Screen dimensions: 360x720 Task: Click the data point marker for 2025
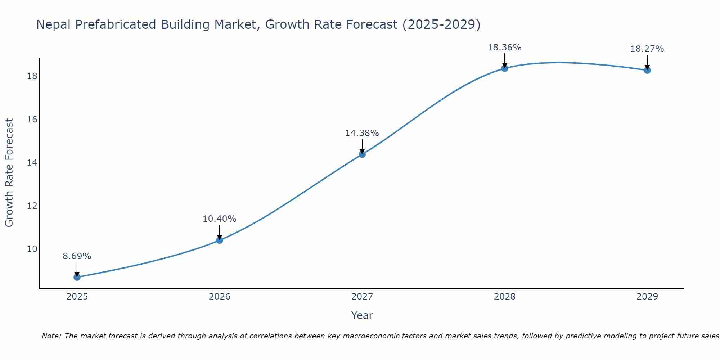coord(77,277)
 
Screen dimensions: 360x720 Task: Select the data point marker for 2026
coord(220,240)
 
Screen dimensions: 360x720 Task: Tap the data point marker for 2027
coord(362,154)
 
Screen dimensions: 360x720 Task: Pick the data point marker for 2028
coord(505,68)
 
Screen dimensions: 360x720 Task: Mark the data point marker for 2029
coord(647,70)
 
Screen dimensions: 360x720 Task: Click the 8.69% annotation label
coord(77,256)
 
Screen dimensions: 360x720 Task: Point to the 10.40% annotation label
coord(220,219)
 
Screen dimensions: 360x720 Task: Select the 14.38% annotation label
coord(362,133)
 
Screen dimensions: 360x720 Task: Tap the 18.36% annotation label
coord(505,48)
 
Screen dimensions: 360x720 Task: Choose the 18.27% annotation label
coord(647,49)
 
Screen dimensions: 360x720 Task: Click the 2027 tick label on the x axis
coord(362,297)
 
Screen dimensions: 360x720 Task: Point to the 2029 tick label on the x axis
coord(647,297)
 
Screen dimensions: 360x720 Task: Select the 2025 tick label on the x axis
coord(77,297)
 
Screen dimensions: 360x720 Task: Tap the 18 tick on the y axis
coord(32,76)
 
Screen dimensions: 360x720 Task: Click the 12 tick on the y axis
coord(32,206)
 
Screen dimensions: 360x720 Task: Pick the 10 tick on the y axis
coord(32,249)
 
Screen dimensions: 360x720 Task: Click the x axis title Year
coord(362,315)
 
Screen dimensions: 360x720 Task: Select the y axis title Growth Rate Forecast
coord(9,173)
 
